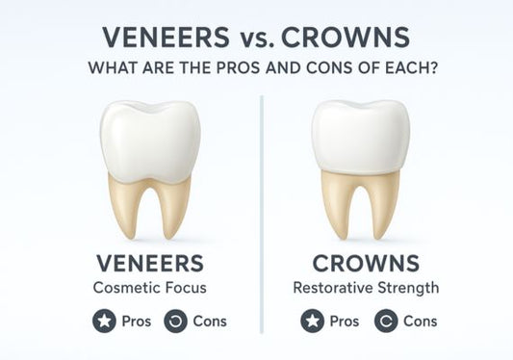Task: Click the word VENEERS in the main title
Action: point(165,39)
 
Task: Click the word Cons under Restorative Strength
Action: point(420,321)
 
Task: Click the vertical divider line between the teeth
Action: point(261,193)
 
